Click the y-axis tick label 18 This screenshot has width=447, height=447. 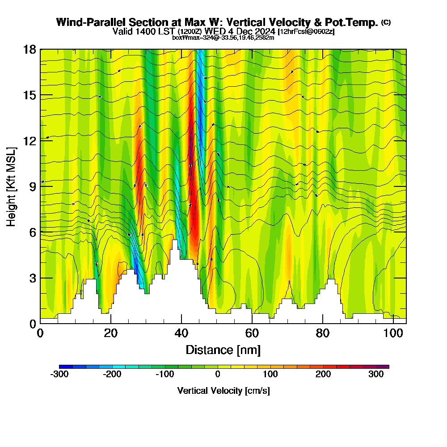[30, 49]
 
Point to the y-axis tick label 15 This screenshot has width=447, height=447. [30, 95]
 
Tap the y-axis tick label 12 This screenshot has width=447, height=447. [30, 141]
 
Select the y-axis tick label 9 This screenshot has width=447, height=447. [32, 186]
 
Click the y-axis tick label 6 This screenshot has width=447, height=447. [32, 232]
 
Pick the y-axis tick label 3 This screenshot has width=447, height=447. [32, 278]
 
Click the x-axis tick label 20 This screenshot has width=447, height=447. [110, 333]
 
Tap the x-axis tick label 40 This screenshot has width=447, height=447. [181, 333]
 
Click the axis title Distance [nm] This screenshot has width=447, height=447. [223, 350]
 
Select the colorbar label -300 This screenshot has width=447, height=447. [59, 375]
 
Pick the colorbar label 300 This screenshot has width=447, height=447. [376, 375]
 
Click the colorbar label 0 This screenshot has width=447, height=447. [218, 375]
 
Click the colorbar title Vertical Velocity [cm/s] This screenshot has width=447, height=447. [223, 391]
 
